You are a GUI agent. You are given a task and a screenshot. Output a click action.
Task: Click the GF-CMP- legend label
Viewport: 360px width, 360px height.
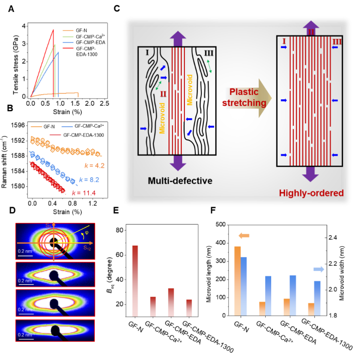click(x=84, y=48)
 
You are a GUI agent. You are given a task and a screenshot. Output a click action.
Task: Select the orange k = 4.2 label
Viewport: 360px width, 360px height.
click(x=94, y=165)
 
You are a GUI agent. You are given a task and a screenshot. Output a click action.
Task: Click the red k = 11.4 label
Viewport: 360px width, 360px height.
click(x=84, y=193)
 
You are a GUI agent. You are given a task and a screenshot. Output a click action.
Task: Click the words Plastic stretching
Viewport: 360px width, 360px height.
click(x=245, y=97)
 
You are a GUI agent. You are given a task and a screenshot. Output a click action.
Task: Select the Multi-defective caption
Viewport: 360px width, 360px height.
click(x=180, y=181)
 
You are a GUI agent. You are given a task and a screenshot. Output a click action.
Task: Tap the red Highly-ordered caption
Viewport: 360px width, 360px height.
click(x=311, y=193)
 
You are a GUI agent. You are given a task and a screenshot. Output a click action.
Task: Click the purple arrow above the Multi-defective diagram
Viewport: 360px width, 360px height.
click(x=178, y=39)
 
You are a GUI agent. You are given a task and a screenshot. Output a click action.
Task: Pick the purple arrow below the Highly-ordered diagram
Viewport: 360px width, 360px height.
click(x=310, y=174)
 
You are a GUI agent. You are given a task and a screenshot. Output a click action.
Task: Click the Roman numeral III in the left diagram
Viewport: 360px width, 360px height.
click(x=208, y=53)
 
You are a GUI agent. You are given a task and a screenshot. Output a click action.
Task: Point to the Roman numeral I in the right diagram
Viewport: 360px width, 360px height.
click(x=284, y=41)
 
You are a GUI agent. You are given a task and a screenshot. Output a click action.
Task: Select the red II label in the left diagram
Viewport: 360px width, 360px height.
click(x=163, y=94)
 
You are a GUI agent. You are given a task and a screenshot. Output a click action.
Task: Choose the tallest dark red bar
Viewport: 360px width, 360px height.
click(x=135, y=281)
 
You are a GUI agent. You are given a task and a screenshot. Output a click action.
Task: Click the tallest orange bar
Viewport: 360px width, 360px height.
click(x=237, y=281)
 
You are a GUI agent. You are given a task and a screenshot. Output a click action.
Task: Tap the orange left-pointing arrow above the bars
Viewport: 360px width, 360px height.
click(x=244, y=236)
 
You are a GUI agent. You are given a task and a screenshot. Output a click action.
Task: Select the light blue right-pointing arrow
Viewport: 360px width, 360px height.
click(x=319, y=270)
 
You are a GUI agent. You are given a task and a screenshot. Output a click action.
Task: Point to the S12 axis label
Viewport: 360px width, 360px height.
click(x=87, y=248)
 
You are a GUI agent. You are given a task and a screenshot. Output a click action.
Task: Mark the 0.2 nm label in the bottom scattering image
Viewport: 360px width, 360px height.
click(x=25, y=335)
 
